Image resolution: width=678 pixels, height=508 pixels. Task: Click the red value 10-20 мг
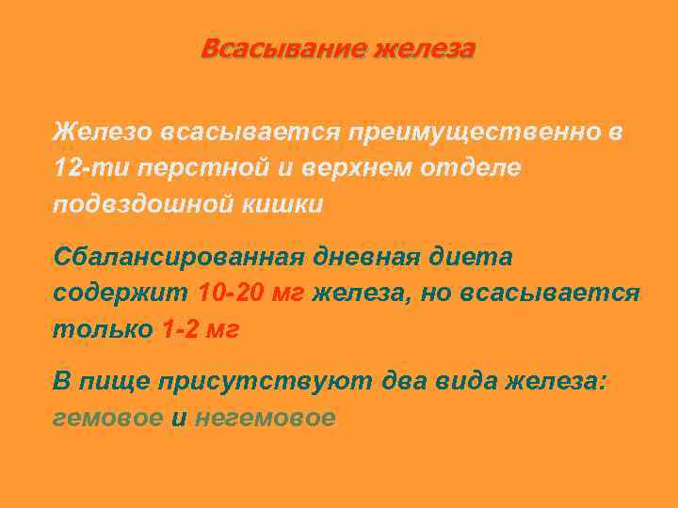click(x=251, y=294)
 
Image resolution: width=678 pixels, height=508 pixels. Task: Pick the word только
click(x=102, y=330)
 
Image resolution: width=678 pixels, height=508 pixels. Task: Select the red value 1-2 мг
click(x=202, y=330)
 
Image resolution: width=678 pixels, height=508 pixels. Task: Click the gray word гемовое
click(x=107, y=418)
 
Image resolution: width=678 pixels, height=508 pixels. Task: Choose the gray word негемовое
click(x=265, y=418)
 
